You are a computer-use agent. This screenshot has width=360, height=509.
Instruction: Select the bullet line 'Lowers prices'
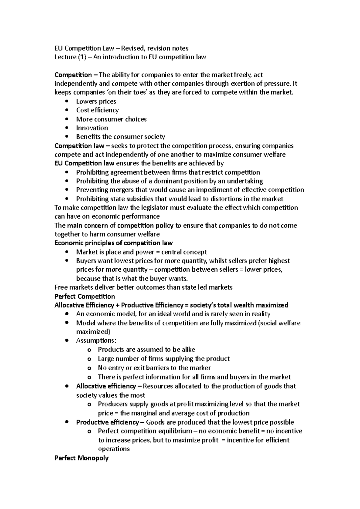[96, 101]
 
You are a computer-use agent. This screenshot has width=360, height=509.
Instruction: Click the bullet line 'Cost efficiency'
[97, 110]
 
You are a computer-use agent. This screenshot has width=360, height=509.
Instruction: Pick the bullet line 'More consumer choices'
[111, 119]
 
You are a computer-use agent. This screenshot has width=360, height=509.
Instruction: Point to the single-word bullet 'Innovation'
[92, 128]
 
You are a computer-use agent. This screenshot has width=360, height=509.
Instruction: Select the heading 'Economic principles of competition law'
[113, 243]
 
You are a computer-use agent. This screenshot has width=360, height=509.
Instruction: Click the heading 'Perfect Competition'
[85, 296]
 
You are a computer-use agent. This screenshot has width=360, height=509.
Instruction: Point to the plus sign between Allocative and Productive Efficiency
[117, 305]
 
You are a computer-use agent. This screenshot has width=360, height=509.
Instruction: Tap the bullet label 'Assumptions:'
[96, 341]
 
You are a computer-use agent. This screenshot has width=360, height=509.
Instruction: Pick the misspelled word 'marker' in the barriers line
[201, 368]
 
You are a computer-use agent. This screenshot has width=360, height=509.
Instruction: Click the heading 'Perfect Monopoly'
[81, 458]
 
